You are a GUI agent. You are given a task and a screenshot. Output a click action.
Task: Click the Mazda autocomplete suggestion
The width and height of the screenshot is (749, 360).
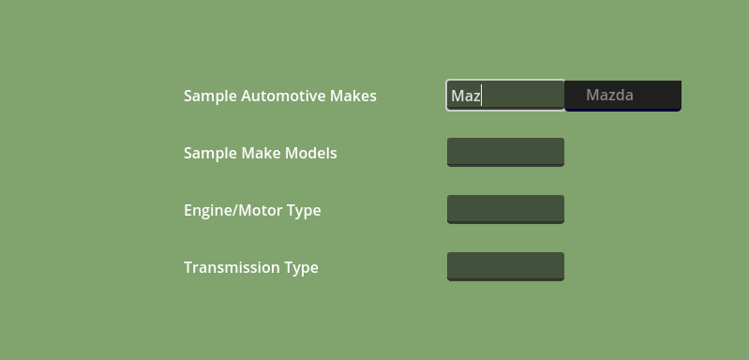coord(622,96)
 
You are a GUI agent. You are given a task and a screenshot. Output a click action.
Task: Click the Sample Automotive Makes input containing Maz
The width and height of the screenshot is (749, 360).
coord(505,96)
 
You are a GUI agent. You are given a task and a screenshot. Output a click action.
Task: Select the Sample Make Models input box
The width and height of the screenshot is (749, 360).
coord(505,152)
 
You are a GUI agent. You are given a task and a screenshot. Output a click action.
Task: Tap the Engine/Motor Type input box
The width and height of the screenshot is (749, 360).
coord(505,210)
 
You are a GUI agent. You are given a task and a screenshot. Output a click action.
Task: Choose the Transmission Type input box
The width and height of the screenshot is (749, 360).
coord(505,266)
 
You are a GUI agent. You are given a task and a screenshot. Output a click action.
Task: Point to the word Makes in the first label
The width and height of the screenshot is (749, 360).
coord(353,96)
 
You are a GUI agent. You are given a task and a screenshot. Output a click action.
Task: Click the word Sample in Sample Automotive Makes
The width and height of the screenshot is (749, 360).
coord(211,97)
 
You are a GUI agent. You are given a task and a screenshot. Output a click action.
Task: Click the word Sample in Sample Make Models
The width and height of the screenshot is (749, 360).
coord(211,154)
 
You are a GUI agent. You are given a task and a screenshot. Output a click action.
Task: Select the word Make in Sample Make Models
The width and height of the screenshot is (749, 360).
coord(262,153)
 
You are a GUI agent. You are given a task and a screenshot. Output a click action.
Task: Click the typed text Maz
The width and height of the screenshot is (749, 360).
coord(466,96)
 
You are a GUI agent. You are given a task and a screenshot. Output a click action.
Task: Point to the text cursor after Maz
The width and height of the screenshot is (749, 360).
coord(482,96)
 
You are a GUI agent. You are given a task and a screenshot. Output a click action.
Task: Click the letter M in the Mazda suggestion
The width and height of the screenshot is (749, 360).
coord(592,95)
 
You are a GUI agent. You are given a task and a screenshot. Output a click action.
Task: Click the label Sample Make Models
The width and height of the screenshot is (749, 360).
coord(261,154)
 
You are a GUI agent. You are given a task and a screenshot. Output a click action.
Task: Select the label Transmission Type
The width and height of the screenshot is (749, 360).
coord(251,268)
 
